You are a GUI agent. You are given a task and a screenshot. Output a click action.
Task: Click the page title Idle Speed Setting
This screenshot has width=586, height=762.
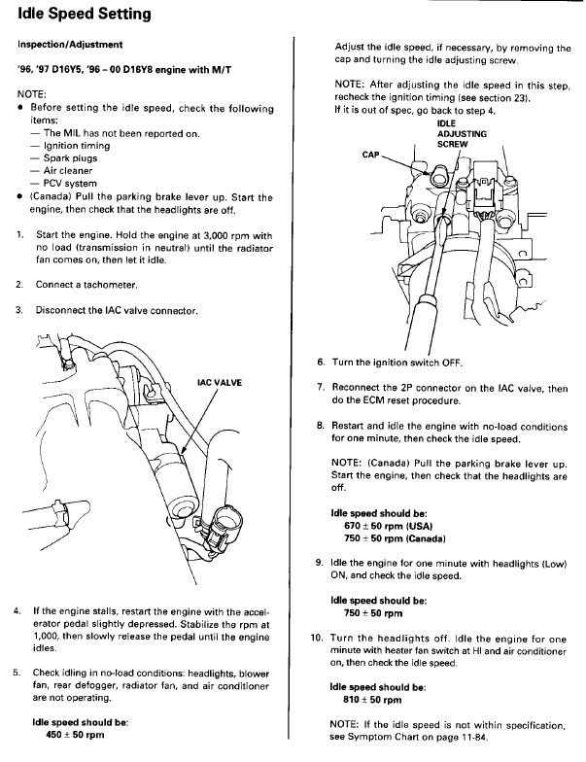click(x=85, y=16)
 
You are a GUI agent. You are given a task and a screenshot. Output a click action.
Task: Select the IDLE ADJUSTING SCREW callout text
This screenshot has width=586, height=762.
click(x=453, y=133)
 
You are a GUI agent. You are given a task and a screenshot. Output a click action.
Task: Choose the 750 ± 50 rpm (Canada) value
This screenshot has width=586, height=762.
click(x=392, y=538)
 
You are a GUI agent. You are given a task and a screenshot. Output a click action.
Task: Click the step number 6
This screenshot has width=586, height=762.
click(x=321, y=362)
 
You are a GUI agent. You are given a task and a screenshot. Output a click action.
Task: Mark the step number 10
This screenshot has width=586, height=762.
click(x=317, y=638)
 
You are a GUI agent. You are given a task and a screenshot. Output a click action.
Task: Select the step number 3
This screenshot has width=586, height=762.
click(x=18, y=311)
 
